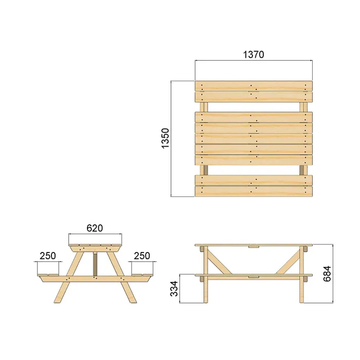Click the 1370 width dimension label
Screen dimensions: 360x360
click(254, 55)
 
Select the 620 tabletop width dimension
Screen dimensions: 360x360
click(95, 228)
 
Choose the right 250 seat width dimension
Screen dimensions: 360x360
click(141, 256)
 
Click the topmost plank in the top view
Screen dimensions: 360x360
click(254, 86)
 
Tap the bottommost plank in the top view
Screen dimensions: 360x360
click(254, 191)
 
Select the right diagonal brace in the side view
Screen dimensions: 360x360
click(287, 262)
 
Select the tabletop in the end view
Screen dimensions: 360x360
click(95, 245)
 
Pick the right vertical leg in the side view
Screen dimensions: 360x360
click(303, 278)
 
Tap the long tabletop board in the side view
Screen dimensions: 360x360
click(254, 245)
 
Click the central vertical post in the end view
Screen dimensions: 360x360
click(95, 263)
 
